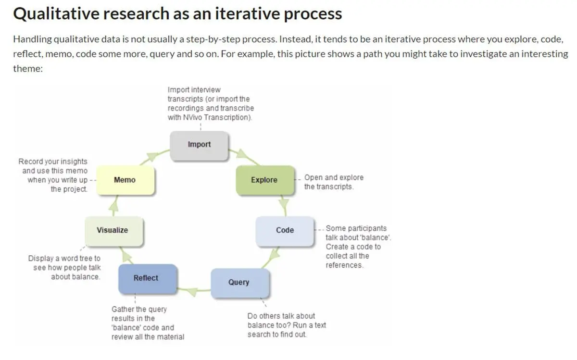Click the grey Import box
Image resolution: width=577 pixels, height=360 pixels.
pyautogui.click(x=199, y=145)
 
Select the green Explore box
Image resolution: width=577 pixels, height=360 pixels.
pyautogui.click(x=264, y=180)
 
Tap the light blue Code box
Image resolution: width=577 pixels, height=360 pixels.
pyautogui.click(x=285, y=230)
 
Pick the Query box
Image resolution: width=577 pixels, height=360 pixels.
pyautogui.click(x=239, y=282)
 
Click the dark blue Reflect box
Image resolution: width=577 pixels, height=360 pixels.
pyautogui.click(x=146, y=278)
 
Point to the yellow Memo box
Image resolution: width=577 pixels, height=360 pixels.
pyautogui.click(x=125, y=180)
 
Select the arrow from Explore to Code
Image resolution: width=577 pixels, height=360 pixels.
pyautogui.click(x=284, y=205)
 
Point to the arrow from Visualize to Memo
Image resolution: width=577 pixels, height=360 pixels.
pyautogui.click(x=113, y=205)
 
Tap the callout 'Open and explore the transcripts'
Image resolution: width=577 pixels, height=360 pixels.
pyautogui.click(x=333, y=182)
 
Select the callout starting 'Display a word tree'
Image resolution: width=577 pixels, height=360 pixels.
pyautogui.click(x=64, y=268)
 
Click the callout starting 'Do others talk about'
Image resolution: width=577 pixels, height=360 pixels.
pyautogui.click(x=286, y=325)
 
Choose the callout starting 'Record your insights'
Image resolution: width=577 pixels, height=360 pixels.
pyautogui.click(x=53, y=175)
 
